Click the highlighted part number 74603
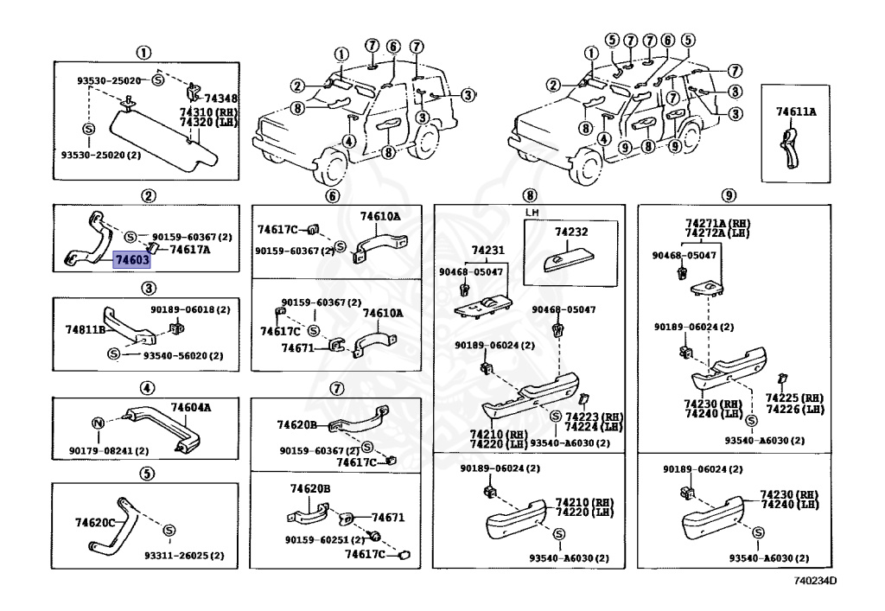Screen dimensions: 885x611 [131, 259]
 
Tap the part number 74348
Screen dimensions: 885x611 [220, 99]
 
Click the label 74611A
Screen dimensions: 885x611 [796, 111]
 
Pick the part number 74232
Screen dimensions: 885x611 [571, 232]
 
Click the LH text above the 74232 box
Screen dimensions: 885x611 [532, 213]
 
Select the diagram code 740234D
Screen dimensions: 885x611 [815, 581]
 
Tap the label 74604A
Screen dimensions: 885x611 [191, 407]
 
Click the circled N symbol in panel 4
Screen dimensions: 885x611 [99, 423]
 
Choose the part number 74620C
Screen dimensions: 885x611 [95, 523]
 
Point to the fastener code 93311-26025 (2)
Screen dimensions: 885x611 [183, 556]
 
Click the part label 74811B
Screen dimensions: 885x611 [86, 329]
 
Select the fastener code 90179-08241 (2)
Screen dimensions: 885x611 [109, 451]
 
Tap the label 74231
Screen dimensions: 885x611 [488, 250]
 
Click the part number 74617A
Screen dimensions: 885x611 [190, 250]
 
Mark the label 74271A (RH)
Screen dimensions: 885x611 [718, 224]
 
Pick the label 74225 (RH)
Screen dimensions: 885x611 [795, 398]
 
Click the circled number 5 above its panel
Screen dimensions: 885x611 [146, 473]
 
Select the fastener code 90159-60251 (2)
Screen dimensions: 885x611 [325, 540]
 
